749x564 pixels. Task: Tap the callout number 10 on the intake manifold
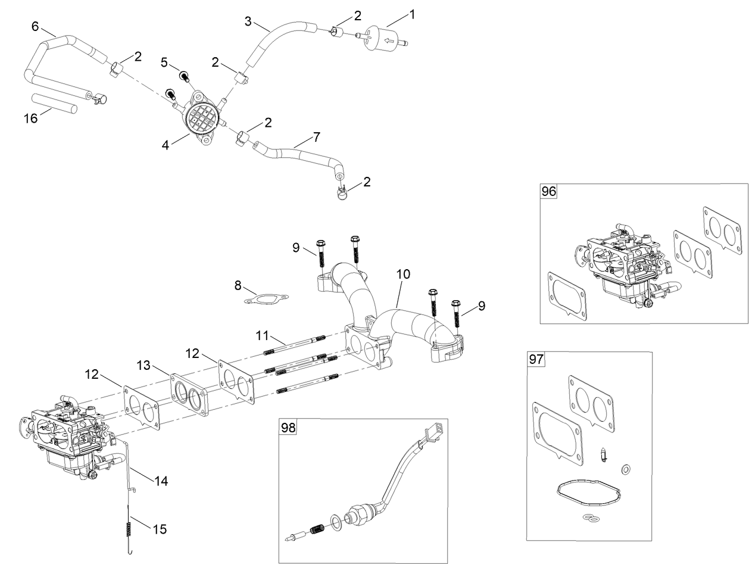click(x=403, y=274)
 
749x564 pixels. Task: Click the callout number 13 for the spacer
click(x=143, y=364)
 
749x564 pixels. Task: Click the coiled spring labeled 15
click(x=129, y=528)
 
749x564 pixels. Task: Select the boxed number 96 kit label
click(x=548, y=192)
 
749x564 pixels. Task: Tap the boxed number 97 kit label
click(x=536, y=360)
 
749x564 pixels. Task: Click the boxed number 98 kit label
click(x=288, y=427)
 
